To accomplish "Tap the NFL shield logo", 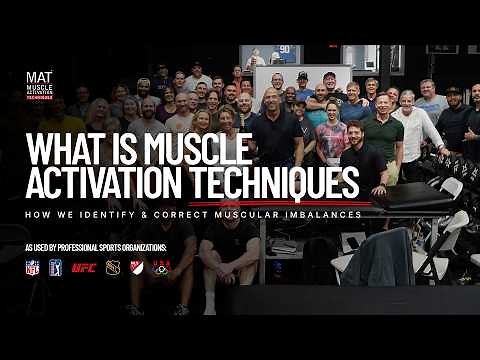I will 32,268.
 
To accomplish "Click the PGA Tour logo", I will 56,268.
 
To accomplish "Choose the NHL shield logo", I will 112,268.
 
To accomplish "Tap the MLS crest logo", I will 136,268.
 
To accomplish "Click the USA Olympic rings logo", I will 160,268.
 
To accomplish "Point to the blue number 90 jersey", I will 284,50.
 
